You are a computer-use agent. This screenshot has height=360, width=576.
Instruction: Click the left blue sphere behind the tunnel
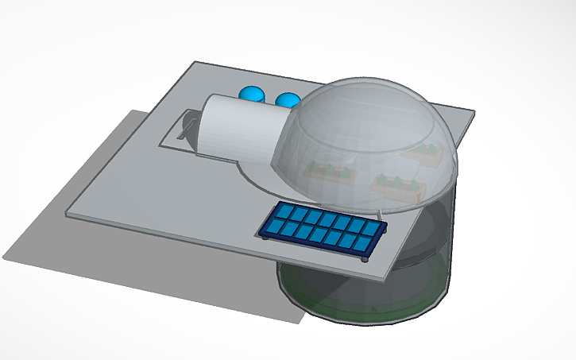coord(253,94)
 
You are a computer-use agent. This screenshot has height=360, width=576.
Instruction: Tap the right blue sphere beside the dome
coord(288,100)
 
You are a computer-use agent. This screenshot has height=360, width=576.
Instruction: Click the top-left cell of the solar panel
coord(284,212)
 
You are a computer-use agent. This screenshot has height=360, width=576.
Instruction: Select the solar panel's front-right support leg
coord(365,258)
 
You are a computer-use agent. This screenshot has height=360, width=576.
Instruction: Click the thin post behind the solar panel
coord(381,213)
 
